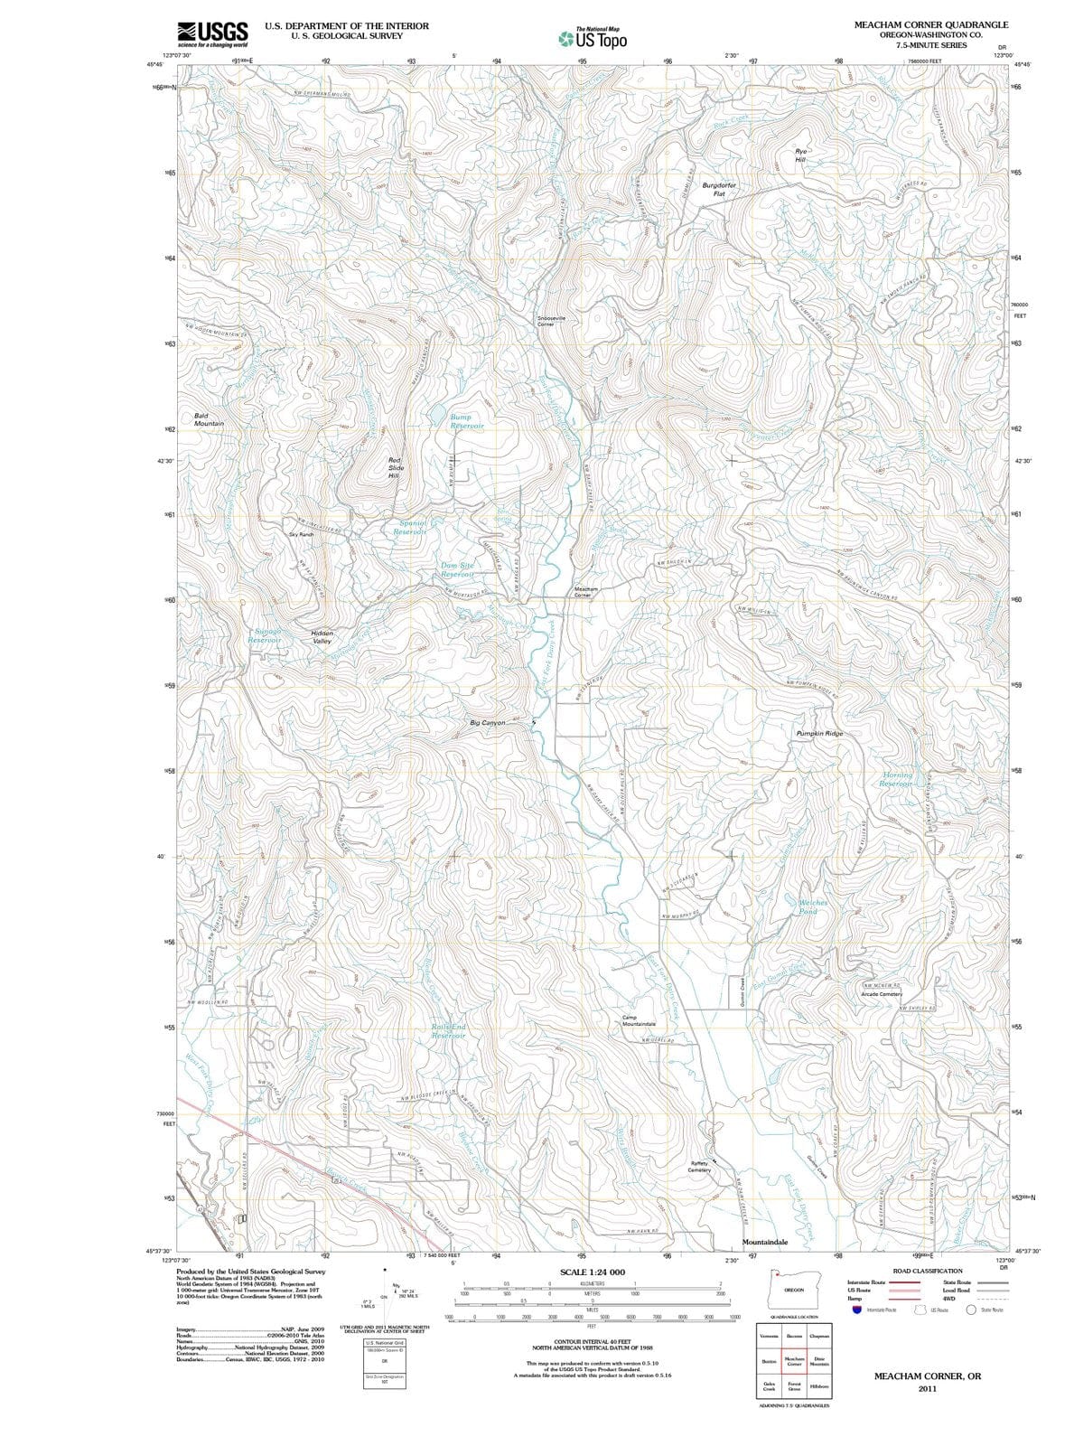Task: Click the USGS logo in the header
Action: click(x=213, y=33)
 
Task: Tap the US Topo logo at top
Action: click(x=593, y=39)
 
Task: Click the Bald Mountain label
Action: click(x=209, y=419)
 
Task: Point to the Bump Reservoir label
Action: click(x=467, y=421)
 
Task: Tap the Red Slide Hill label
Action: click(x=394, y=468)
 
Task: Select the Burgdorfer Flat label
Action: click(x=719, y=189)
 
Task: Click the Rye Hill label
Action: click(x=800, y=155)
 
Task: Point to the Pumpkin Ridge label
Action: click(x=819, y=734)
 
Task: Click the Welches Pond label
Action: click(x=812, y=907)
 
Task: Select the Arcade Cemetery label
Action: click(x=882, y=994)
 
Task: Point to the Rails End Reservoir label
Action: click(x=448, y=1031)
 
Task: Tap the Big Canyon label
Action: click(x=488, y=723)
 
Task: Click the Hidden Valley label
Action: click(x=322, y=637)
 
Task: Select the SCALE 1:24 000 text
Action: click(x=592, y=1272)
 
